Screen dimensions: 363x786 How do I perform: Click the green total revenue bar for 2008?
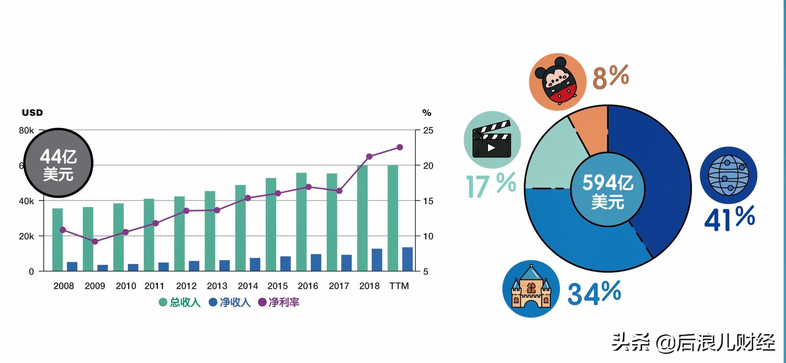tap(57, 239)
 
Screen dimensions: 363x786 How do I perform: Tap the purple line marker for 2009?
tap(95, 242)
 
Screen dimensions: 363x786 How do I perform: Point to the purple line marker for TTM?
tap(400, 147)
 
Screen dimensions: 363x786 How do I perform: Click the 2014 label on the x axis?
tap(247, 286)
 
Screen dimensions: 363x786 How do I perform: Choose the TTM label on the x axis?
tap(399, 286)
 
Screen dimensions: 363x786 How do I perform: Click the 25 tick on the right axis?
tap(428, 131)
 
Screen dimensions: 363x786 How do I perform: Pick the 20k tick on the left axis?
tap(26, 237)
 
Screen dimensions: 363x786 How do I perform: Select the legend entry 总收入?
tap(180, 302)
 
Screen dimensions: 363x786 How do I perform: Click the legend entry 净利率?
tap(279, 302)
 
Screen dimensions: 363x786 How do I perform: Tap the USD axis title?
tap(32, 113)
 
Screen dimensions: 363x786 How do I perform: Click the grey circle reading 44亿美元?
tap(58, 163)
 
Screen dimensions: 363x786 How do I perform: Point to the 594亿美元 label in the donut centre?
tap(608, 191)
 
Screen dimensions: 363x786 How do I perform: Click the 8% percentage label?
tap(610, 77)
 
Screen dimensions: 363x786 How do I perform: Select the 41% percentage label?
tap(729, 218)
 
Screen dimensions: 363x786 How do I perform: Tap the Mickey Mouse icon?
tap(557, 82)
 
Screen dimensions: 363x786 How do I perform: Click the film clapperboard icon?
tap(492, 140)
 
